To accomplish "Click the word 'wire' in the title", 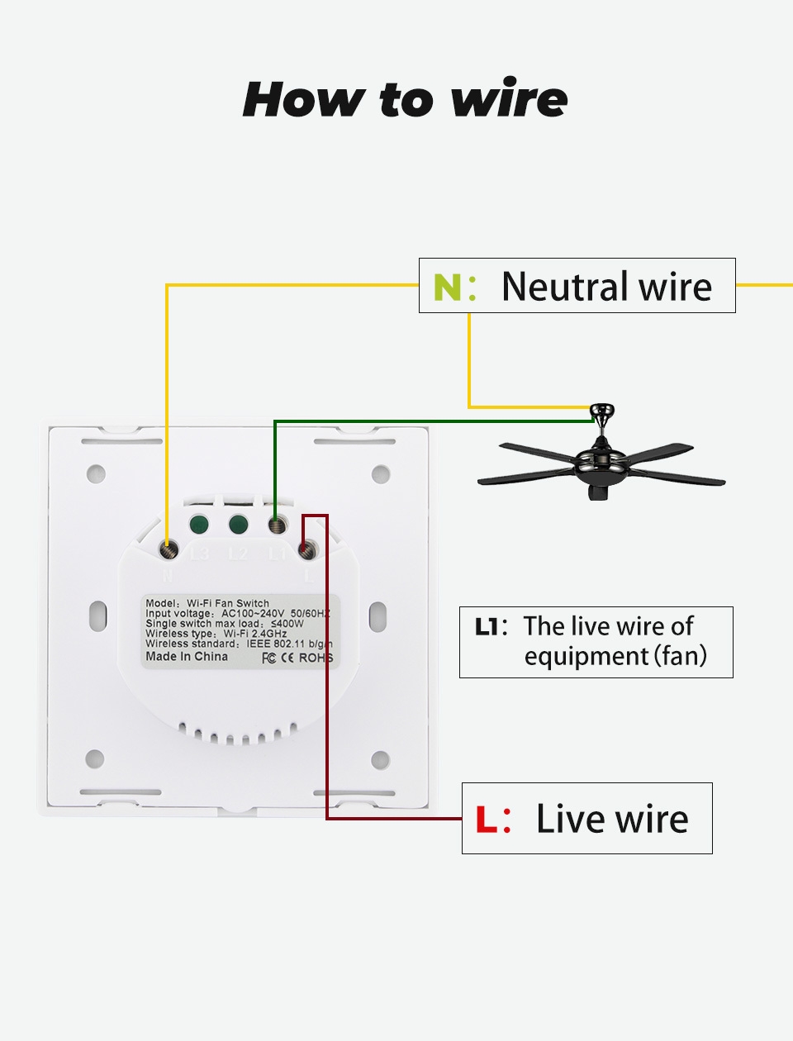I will click(x=510, y=99).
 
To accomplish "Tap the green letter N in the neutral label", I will click(x=446, y=287).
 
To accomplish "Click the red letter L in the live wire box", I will click(x=487, y=820).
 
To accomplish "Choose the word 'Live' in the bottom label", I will click(x=569, y=819).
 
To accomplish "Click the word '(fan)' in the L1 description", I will click(x=681, y=656).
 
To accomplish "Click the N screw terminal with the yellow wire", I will click(x=169, y=549).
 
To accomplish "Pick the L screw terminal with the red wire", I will click(x=308, y=548).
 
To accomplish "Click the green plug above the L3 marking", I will click(x=198, y=525).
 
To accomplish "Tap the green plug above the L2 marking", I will click(x=239, y=525).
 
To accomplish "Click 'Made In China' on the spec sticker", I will click(x=187, y=657).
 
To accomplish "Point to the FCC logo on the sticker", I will click(x=268, y=658).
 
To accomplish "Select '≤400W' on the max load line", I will click(x=287, y=624).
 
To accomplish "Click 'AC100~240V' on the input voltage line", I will click(x=253, y=614).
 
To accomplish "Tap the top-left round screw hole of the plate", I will click(x=97, y=474).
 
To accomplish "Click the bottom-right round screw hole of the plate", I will click(x=380, y=759).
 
